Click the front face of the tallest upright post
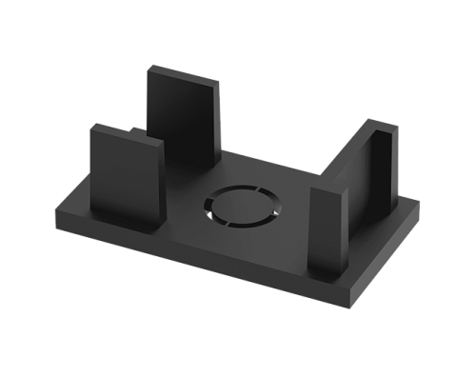(184, 114)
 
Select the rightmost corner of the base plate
(419, 205)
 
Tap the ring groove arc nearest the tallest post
(228, 188)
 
